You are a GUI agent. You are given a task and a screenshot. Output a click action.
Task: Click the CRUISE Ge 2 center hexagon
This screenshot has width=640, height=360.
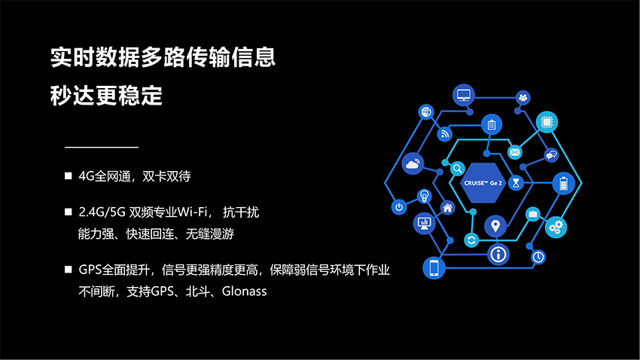pyautogui.click(x=483, y=183)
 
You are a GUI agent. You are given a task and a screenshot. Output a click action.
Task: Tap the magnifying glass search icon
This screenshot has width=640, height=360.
pyautogui.click(x=458, y=168)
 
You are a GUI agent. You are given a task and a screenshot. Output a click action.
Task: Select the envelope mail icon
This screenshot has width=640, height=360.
pyautogui.click(x=515, y=152)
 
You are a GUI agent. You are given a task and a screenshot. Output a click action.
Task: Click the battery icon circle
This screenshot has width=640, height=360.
pyautogui.click(x=564, y=183)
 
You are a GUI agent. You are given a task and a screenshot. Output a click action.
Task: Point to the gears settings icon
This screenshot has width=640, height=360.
pyautogui.click(x=556, y=227)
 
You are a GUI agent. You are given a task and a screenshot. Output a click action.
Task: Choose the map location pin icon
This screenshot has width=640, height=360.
pyautogui.click(x=495, y=226)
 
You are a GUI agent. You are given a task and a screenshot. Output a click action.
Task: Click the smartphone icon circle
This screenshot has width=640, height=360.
pyautogui.click(x=434, y=268)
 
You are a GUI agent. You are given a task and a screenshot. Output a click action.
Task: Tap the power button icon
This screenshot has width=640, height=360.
pyautogui.click(x=399, y=207)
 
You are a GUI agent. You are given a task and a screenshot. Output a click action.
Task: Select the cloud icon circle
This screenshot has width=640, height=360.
pyautogui.click(x=413, y=163)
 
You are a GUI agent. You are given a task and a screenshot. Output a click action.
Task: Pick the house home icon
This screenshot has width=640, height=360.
pyautogui.click(x=448, y=208)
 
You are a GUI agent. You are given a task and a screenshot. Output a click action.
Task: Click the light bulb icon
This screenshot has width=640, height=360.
pyautogui.click(x=425, y=196)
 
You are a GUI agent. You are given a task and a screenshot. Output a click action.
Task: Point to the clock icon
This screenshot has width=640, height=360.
pyautogui.click(x=538, y=257)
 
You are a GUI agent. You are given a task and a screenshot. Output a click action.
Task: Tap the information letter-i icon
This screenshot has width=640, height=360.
pyautogui.click(x=498, y=255)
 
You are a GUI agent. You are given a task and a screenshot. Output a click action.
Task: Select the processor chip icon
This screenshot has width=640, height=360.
pyautogui.click(x=547, y=122)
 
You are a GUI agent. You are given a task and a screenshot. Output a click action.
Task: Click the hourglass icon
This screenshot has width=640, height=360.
pyautogui.click(x=516, y=182)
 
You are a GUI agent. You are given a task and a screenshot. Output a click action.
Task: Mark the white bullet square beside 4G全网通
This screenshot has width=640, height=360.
pyautogui.click(x=69, y=176)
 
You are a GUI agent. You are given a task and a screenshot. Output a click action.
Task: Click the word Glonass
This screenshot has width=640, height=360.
pyautogui.click(x=244, y=291)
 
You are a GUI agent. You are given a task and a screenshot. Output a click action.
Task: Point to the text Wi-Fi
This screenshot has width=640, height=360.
pyautogui.click(x=193, y=212)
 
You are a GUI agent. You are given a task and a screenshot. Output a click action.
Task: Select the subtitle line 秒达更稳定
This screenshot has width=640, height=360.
pyautogui.click(x=106, y=96)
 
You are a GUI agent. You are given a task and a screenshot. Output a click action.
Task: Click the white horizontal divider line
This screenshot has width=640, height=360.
pyautogui.click(x=102, y=147)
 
